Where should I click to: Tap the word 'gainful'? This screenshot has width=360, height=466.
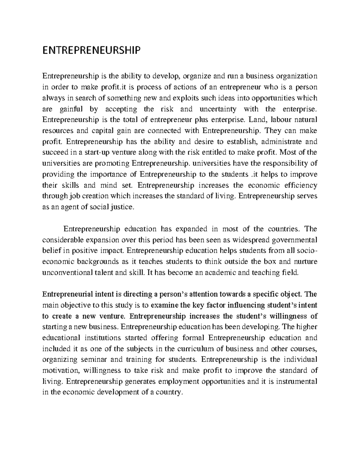tap(68, 109)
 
